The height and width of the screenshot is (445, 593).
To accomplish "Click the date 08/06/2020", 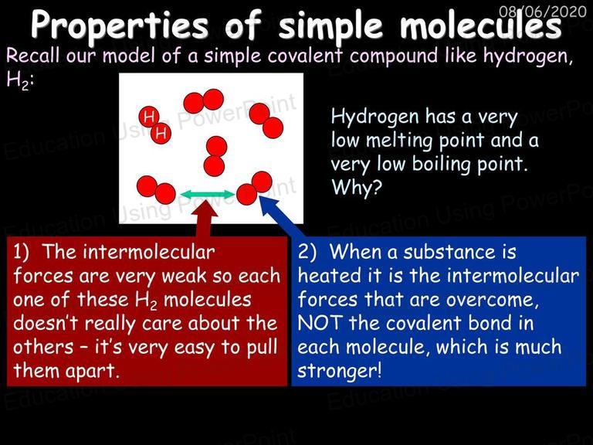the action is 542,12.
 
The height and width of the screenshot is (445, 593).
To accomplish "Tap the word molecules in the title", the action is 481,24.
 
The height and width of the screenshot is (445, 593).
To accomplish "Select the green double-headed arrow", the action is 208,195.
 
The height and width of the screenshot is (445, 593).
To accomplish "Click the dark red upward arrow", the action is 205,219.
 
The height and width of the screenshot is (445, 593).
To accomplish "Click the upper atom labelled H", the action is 148,116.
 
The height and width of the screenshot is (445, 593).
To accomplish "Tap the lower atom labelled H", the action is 161,133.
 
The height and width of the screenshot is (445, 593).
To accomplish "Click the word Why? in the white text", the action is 356,187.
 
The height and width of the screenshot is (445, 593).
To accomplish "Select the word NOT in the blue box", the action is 320,323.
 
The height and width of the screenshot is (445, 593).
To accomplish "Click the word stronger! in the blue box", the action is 339,371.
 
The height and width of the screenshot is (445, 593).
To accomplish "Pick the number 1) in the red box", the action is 21,253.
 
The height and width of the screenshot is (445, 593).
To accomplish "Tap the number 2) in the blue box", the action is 307,252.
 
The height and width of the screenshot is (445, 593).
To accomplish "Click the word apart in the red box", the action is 93,372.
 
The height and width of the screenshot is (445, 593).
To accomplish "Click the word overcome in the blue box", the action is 492,301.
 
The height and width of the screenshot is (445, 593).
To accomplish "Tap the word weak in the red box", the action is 184,276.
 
